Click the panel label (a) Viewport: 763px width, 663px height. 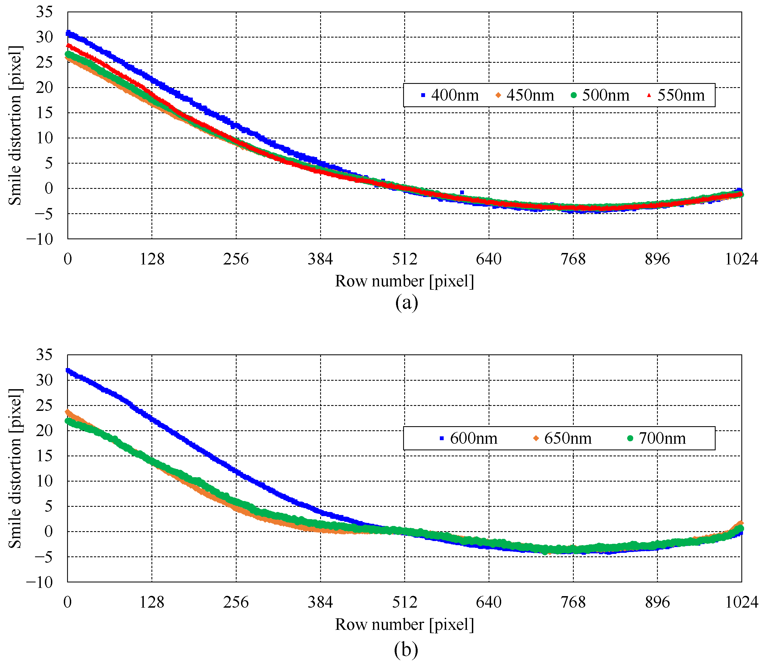[x=406, y=303]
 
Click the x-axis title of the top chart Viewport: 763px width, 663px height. [x=405, y=281]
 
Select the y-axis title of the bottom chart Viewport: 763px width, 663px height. [x=15, y=468]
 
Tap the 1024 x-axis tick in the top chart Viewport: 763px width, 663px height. [x=741, y=259]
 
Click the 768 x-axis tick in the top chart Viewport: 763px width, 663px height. [x=573, y=259]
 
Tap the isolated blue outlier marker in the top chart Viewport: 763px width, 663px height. [x=462, y=192]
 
